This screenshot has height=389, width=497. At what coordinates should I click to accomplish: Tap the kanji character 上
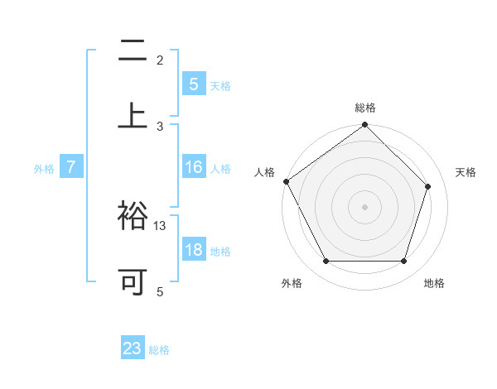133,116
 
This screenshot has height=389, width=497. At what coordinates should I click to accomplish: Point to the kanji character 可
133,281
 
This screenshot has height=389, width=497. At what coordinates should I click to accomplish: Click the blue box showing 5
193,84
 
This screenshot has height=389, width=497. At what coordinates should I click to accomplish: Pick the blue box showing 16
193,168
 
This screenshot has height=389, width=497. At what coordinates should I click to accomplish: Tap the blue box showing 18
193,250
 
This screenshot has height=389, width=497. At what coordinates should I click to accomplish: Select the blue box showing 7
71,168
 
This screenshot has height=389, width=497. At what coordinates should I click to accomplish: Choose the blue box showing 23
133,348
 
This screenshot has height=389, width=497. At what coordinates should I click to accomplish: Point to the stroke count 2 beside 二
160,60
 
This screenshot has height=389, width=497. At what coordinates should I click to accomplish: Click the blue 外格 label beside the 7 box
44,169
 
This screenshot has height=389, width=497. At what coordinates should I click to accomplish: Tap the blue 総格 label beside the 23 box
159,350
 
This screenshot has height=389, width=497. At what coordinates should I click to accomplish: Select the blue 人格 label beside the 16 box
220,169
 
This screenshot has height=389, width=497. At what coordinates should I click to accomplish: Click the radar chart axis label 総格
365,108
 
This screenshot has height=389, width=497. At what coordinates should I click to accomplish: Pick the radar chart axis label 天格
466,172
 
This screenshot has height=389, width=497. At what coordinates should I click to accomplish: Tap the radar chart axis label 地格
434,283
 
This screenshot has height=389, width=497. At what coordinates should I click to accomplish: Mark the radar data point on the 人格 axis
287,181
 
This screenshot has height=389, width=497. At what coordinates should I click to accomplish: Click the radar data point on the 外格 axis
326,262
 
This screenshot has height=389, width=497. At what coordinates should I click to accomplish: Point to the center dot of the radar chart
365,207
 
